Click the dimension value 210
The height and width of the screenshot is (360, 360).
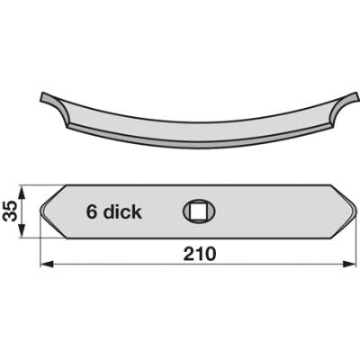[x=200, y=254]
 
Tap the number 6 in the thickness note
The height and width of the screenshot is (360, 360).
[x=91, y=211]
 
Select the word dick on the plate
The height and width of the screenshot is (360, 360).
[x=122, y=211]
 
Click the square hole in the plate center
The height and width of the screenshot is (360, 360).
[x=198, y=212]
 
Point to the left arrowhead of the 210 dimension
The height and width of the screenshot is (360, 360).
[x=47, y=265]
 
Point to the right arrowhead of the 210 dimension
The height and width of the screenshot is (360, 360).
[x=350, y=265]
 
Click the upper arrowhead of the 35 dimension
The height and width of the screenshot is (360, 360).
[x=22, y=192]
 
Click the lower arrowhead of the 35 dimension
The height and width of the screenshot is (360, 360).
[x=22, y=231]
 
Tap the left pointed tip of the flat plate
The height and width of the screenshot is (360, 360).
[x=40, y=210]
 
